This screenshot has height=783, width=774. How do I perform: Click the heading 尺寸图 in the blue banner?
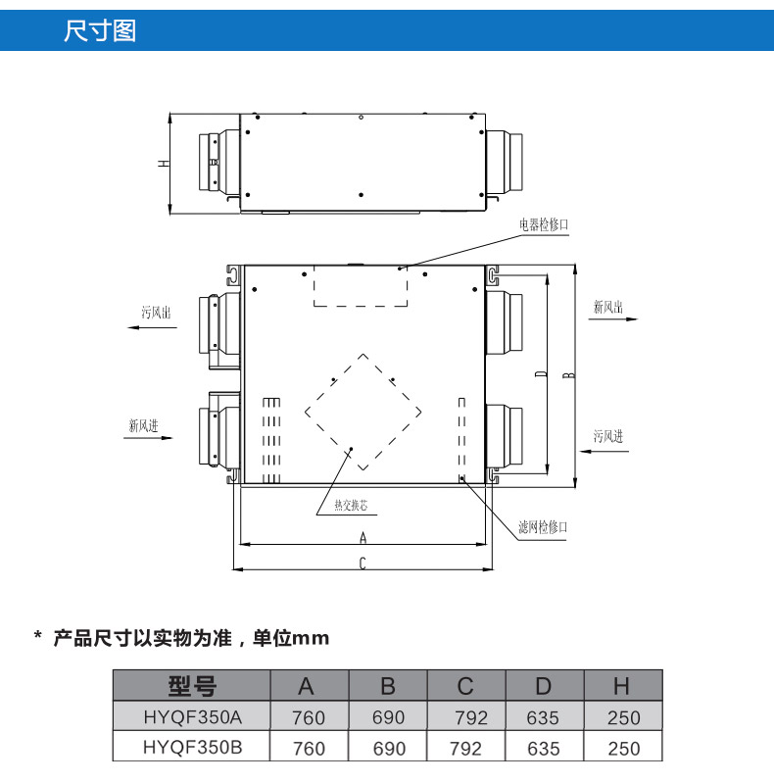point(99,30)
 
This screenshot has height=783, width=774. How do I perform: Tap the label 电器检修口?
point(544,224)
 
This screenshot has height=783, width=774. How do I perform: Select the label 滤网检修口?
point(543,527)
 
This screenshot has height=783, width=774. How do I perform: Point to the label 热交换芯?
point(351,507)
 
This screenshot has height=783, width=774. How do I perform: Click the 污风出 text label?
point(156,313)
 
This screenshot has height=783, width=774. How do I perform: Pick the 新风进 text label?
point(143,426)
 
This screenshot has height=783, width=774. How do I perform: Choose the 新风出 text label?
point(608,307)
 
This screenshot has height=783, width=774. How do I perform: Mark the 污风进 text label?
point(608,437)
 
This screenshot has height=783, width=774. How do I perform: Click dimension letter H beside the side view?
point(163,164)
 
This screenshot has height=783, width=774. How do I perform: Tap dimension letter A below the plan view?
point(363,537)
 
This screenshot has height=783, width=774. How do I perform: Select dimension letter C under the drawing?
point(363,563)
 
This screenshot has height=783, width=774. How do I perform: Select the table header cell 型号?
point(192,686)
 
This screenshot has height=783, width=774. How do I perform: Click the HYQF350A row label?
point(192,717)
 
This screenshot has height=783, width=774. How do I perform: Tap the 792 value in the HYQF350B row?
point(465,749)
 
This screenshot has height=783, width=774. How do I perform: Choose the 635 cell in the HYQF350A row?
point(543,717)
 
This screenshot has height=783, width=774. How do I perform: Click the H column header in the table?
point(622,686)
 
